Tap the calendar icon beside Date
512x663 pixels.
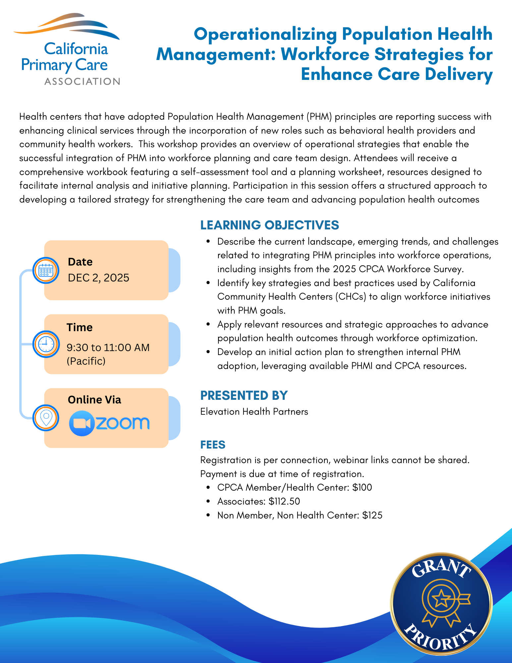(x=46, y=271)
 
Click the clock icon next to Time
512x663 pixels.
(x=46, y=344)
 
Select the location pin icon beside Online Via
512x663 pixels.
(x=46, y=418)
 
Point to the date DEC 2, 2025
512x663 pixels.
(x=98, y=278)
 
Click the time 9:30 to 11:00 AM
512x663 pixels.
(x=108, y=347)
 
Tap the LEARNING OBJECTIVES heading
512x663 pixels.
(x=269, y=225)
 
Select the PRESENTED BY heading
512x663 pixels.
(x=244, y=395)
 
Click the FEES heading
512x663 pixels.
(x=213, y=445)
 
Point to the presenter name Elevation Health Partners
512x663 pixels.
(x=254, y=412)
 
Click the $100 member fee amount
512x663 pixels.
(x=362, y=487)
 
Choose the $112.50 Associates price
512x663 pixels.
(x=284, y=501)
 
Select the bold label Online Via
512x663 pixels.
(x=94, y=400)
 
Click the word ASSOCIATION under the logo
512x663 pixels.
(x=82, y=82)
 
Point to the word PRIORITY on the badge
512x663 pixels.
(x=441, y=638)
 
